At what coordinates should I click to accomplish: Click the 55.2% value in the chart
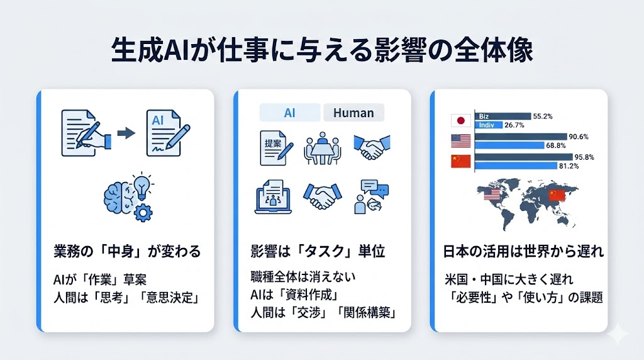pyautogui.click(x=542, y=116)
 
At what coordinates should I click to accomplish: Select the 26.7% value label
pyautogui.click(x=524, y=125)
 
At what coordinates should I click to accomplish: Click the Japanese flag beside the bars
pyautogui.click(x=460, y=120)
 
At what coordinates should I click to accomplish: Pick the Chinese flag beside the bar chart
pyautogui.click(x=460, y=162)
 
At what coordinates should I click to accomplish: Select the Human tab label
pyautogui.click(x=353, y=113)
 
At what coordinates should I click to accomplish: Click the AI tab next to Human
pyautogui.click(x=290, y=113)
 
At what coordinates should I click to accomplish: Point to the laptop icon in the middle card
pyautogui.click(x=274, y=198)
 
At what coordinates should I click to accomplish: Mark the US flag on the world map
pyautogui.click(x=491, y=196)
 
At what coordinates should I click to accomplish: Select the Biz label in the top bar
pyautogui.click(x=484, y=116)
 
